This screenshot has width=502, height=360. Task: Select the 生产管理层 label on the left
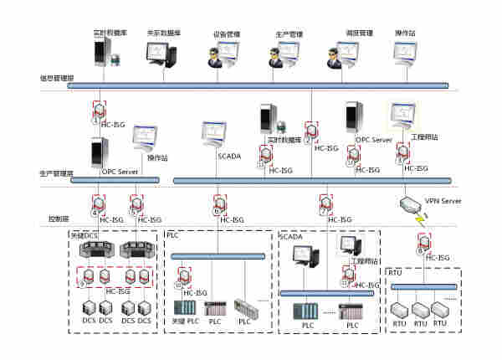click(56, 173)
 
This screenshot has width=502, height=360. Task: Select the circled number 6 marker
click(216, 213)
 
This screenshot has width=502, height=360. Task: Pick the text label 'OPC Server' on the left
click(120, 172)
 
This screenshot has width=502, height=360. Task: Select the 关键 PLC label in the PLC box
click(185, 321)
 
